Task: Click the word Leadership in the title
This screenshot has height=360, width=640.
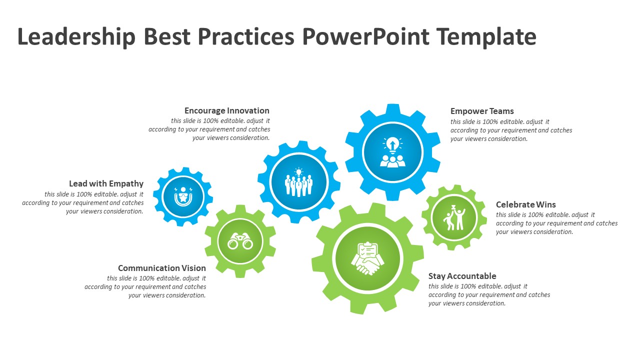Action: pos(76,37)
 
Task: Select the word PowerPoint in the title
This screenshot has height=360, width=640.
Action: pos(365,36)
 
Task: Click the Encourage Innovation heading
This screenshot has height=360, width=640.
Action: pos(227,110)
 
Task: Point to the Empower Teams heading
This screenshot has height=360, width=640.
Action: pos(482,111)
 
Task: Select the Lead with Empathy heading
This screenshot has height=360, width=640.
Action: pos(106,183)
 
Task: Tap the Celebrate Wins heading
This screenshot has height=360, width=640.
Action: pos(525,204)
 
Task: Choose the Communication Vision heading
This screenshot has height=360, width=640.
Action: pos(162,268)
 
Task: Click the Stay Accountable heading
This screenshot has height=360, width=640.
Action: pos(462,276)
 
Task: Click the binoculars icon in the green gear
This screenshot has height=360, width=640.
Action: pos(240,241)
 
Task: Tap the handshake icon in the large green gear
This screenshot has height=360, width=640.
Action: pos(367,265)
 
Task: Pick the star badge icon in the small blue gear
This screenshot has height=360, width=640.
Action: pos(183,196)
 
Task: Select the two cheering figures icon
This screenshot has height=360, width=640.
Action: pos(454,217)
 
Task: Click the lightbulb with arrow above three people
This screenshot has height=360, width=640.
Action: pos(392,144)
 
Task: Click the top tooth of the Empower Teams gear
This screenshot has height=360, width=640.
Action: pos(392,110)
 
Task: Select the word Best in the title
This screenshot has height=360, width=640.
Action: pos(167,36)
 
